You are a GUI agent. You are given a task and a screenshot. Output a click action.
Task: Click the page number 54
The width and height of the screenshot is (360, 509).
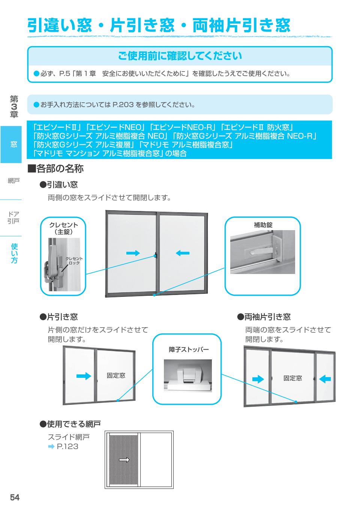[15, 497]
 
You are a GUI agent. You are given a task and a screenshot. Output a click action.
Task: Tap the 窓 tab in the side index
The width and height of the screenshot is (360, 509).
[13, 144]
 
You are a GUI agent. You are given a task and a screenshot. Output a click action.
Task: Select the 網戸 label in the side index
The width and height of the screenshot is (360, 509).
[13, 181]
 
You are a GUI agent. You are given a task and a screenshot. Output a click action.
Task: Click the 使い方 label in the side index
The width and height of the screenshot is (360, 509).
[14, 253]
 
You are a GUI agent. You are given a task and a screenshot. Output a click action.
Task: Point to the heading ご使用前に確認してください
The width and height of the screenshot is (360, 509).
[180, 56]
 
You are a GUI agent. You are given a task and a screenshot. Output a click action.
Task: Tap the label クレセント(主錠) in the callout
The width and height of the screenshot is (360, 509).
[64, 228]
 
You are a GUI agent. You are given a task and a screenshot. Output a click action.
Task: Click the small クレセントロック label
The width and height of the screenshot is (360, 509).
[74, 260]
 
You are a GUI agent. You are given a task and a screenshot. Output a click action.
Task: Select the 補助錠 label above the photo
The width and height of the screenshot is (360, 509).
[263, 225]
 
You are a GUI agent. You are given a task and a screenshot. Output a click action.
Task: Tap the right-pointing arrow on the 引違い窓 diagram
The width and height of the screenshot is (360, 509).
[132, 253]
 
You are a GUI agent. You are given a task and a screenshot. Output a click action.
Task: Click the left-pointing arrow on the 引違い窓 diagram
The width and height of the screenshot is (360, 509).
[183, 253]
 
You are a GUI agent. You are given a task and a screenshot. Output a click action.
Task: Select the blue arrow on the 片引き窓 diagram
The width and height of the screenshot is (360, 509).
[84, 376]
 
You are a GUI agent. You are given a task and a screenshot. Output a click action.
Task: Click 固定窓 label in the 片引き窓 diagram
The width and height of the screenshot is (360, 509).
[116, 375]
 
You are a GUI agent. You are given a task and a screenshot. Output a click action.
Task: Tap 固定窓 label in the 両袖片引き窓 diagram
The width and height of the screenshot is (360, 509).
[292, 378]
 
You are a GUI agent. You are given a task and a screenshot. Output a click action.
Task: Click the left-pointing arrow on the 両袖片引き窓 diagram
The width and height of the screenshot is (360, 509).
[325, 379]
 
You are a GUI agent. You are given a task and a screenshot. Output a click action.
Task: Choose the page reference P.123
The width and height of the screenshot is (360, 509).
[67, 446]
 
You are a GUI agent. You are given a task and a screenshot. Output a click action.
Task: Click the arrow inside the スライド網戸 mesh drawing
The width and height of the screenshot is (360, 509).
[124, 460]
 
